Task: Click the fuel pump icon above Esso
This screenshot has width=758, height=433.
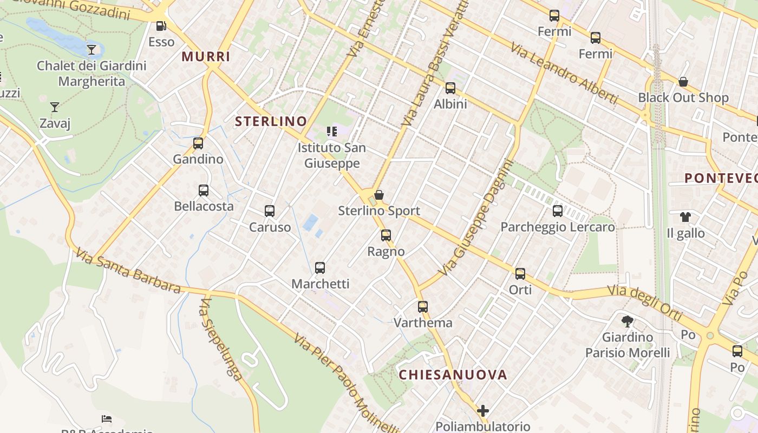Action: [x=161, y=25]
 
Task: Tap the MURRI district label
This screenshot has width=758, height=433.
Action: [x=206, y=57]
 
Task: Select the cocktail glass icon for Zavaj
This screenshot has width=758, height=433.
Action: [x=55, y=107]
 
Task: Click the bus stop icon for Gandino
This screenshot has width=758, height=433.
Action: [x=198, y=143]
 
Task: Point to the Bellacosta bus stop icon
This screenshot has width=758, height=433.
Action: [x=204, y=191]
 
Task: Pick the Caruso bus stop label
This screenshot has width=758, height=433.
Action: [x=270, y=227]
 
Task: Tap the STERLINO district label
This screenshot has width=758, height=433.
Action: [x=271, y=122]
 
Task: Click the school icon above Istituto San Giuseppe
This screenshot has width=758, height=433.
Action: [x=332, y=132]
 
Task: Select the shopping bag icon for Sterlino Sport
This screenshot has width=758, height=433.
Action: [x=379, y=195]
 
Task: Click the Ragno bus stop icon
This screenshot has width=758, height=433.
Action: [x=386, y=235]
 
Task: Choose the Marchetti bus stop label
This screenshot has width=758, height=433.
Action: [x=321, y=284]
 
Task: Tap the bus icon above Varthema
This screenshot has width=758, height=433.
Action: [x=423, y=307]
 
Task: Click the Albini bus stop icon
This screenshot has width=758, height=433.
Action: [x=450, y=88]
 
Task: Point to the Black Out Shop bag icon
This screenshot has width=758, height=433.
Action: [x=683, y=82]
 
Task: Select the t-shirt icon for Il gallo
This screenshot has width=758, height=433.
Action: [x=685, y=217]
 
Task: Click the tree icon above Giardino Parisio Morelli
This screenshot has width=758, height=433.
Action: [x=628, y=322]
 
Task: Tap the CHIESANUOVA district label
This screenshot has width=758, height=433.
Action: [x=453, y=375]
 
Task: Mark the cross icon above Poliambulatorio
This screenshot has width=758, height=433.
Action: [x=483, y=411]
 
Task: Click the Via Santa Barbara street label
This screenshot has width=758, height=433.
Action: [x=128, y=271]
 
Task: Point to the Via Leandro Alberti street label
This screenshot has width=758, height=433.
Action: [x=564, y=73]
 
